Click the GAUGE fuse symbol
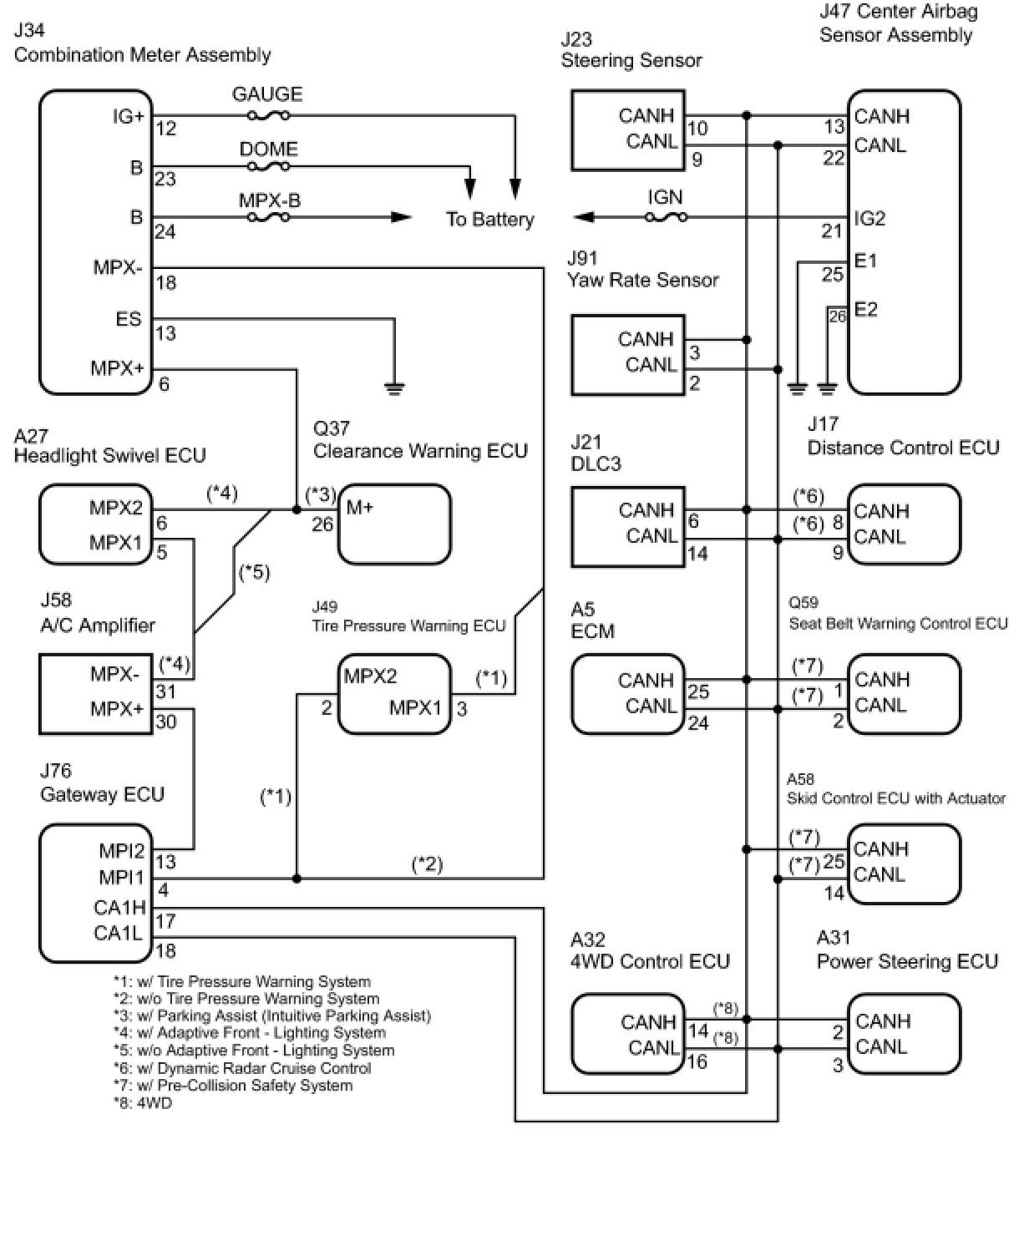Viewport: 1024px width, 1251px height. pos(269,116)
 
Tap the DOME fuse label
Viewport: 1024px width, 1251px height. pos(268,149)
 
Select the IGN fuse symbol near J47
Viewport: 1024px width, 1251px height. pos(667,218)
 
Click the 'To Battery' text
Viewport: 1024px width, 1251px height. pos(489,220)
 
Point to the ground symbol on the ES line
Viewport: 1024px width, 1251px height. pos(394,387)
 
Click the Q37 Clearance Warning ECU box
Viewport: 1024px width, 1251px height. pos(394,524)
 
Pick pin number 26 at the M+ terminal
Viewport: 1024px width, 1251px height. pos(322,524)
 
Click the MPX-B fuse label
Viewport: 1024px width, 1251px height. pos(269,200)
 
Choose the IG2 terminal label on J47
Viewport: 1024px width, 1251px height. pos(869,219)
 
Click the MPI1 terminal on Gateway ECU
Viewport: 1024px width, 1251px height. pos(122,878)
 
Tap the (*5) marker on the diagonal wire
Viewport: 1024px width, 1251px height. pos(254,573)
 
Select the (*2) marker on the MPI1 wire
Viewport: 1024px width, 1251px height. pos(427,864)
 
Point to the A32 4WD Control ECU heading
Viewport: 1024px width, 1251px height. pos(650,951)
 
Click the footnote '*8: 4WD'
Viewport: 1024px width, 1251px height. pos(143,1103)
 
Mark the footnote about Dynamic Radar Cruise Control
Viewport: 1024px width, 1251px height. pos(242,1068)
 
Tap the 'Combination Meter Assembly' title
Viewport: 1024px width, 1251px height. pos(142,55)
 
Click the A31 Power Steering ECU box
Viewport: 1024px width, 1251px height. pos(904,1034)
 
